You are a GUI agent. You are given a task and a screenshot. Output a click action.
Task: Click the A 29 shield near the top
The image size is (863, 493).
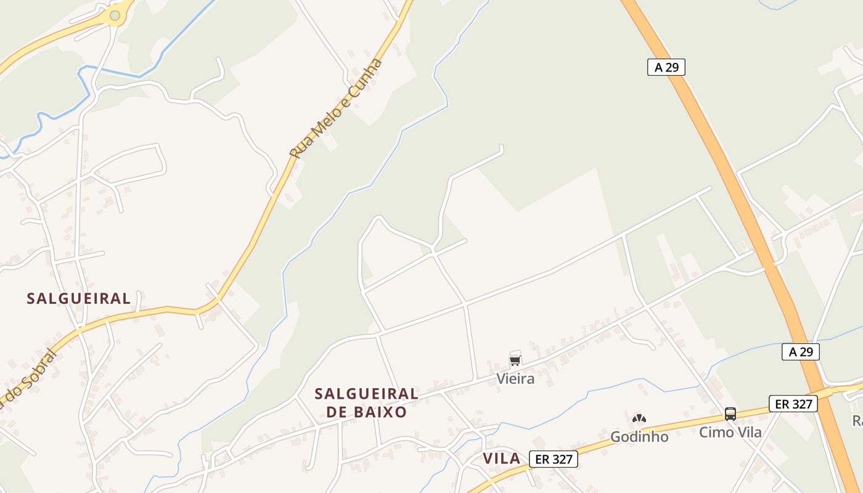(666, 67)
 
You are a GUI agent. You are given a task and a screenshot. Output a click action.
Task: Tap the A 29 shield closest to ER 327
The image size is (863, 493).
(800, 352)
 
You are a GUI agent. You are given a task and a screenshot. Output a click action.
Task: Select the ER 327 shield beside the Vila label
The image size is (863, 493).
(553, 459)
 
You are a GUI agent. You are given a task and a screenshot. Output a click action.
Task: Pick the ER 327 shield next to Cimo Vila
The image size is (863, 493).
(793, 404)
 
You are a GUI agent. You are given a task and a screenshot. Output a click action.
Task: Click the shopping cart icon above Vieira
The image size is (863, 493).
(515, 361)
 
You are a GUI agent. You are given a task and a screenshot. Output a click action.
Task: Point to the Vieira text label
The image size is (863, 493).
(515, 379)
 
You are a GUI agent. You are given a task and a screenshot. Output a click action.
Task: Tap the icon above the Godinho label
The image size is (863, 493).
(639, 419)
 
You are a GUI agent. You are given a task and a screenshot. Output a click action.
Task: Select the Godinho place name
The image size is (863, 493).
(639, 437)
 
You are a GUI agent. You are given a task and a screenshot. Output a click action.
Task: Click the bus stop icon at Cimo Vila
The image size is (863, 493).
(730, 414)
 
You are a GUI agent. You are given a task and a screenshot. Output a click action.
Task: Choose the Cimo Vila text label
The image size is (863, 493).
(730, 433)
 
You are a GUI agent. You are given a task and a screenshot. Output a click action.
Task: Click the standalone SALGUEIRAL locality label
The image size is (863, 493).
(79, 299)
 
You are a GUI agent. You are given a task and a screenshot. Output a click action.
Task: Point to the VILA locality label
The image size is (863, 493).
(502, 458)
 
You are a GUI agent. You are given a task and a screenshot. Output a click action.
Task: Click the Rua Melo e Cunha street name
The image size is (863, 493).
(337, 108)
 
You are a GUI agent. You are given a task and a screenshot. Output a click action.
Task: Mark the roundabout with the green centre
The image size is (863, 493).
(115, 15)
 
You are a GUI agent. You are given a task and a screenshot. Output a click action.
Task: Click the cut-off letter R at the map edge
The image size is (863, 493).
(857, 421)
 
